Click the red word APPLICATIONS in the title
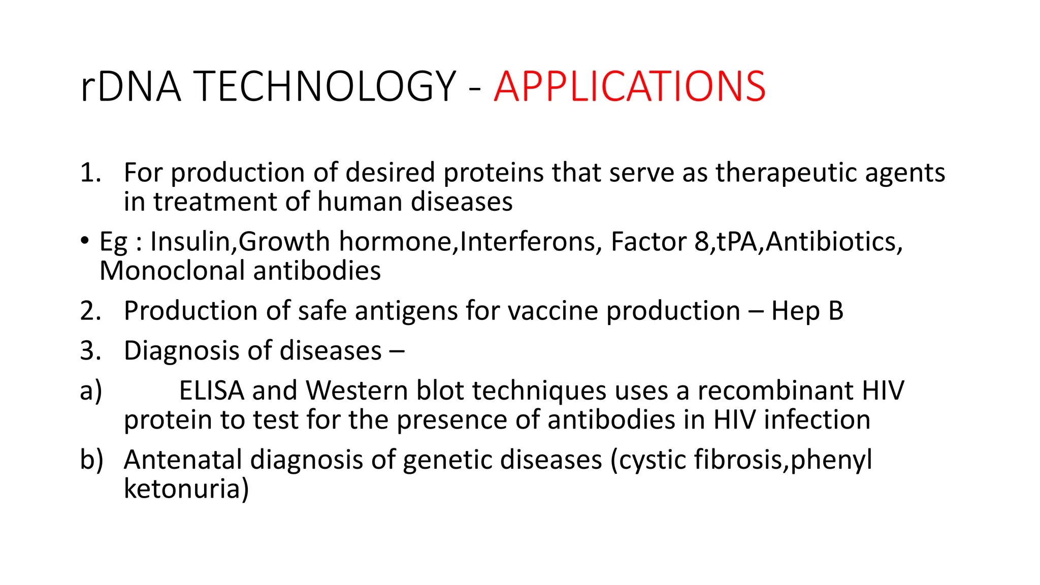point(629,87)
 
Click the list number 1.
point(90,173)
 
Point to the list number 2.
point(90,311)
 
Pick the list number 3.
point(90,350)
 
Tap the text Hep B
point(807,311)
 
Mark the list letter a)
point(91,391)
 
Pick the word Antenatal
point(183,460)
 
